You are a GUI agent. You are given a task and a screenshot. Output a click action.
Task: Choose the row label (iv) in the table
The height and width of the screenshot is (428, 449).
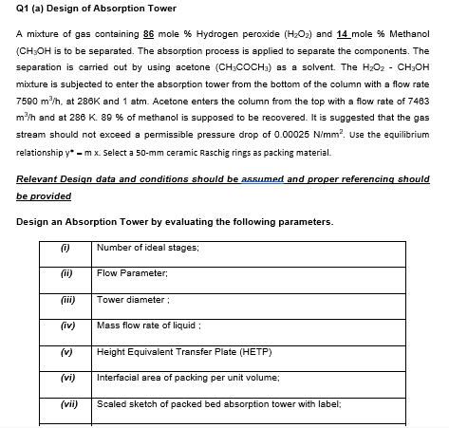(66, 325)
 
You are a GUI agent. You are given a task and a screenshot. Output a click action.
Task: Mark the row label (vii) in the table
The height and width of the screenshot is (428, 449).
(66, 402)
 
